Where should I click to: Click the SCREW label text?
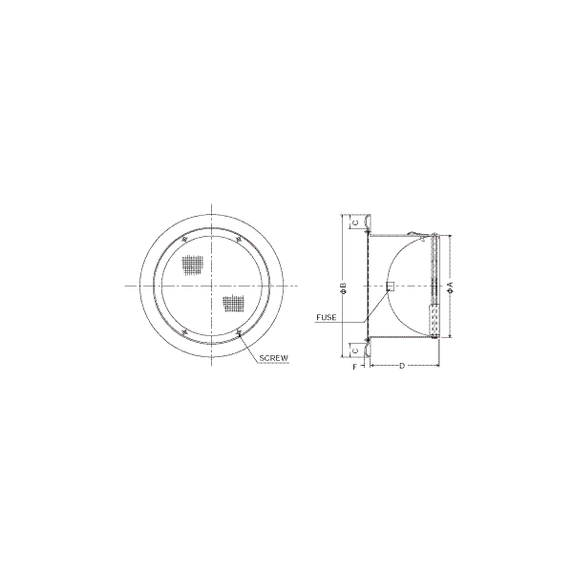274,358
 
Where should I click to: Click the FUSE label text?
327,318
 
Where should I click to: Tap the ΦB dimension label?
343,288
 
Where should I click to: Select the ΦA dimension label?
451,286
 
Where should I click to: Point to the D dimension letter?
402,366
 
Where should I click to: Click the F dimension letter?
354,368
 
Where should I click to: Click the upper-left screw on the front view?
184,240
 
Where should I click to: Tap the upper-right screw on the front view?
238,240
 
